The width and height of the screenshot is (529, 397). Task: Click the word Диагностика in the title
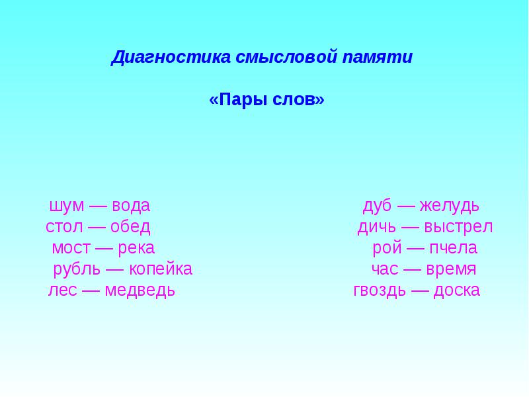click(x=171, y=57)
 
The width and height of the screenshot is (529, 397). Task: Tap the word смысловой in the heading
click(x=286, y=56)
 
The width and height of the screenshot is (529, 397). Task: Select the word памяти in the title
click(x=378, y=56)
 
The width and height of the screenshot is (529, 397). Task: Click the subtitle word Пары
click(x=240, y=99)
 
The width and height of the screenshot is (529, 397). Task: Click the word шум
click(x=67, y=206)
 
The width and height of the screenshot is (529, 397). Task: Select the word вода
click(x=131, y=206)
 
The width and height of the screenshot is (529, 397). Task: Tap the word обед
click(x=130, y=226)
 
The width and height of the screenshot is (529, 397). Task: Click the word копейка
click(x=161, y=269)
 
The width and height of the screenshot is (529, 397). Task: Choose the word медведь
click(x=140, y=290)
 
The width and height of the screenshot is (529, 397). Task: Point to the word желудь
click(x=450, y=206)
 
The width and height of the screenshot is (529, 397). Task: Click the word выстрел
click(x=458, y=227)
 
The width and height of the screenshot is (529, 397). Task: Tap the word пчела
click(x=454, y=248)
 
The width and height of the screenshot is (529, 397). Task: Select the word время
click(x=451, y=269)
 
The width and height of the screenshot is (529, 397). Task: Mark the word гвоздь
click(x=380, y=290)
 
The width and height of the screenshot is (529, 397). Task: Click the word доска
click(x=456, y=290)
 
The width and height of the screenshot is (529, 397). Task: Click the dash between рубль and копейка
click(x=114, y=269)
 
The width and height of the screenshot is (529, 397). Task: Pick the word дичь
click(x=376, y=227)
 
